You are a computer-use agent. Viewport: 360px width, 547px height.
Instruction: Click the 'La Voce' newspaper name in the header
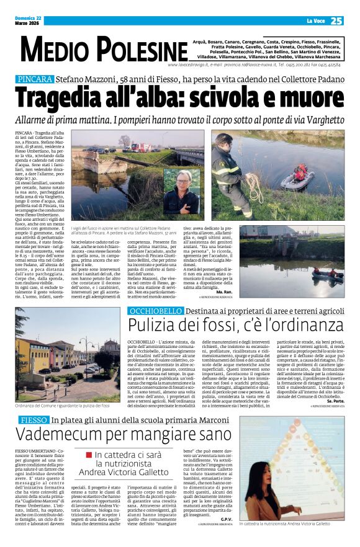click(317, 21)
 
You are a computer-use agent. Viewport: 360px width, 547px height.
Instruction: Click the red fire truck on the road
click(140, 147)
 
